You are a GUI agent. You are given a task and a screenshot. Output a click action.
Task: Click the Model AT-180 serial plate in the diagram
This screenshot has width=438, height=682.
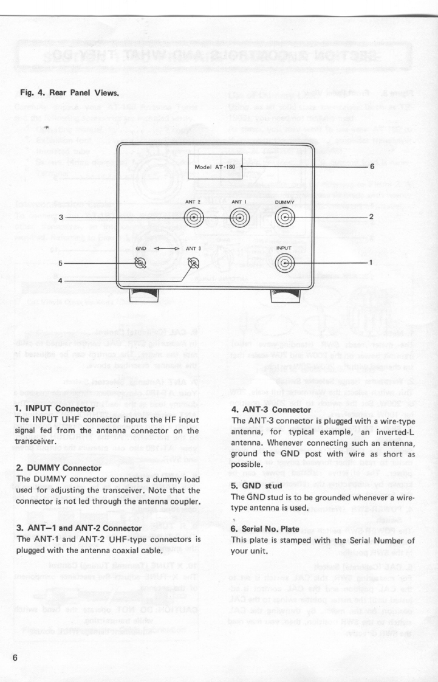coord(214,166)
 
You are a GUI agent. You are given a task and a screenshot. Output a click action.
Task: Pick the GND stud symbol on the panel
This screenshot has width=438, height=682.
coord(140,263)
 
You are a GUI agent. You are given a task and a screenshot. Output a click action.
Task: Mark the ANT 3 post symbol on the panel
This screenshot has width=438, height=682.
coord(194,263)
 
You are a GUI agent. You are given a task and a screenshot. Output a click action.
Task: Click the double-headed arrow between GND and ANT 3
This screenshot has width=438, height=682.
coord(165,248)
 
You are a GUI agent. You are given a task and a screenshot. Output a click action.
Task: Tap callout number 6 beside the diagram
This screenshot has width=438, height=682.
coord(371,165)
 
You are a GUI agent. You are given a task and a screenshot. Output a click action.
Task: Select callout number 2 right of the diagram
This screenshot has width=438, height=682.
coord(371,217)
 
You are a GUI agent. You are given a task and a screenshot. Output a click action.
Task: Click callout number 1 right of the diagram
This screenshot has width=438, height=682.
coord(371,263)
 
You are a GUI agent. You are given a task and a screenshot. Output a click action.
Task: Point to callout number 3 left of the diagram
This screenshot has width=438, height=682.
coord(61,217)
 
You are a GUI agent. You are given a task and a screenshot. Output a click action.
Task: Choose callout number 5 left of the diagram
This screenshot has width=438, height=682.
coord(61,263)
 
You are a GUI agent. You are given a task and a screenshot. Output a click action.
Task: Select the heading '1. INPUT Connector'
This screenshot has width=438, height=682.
coord(53,408)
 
